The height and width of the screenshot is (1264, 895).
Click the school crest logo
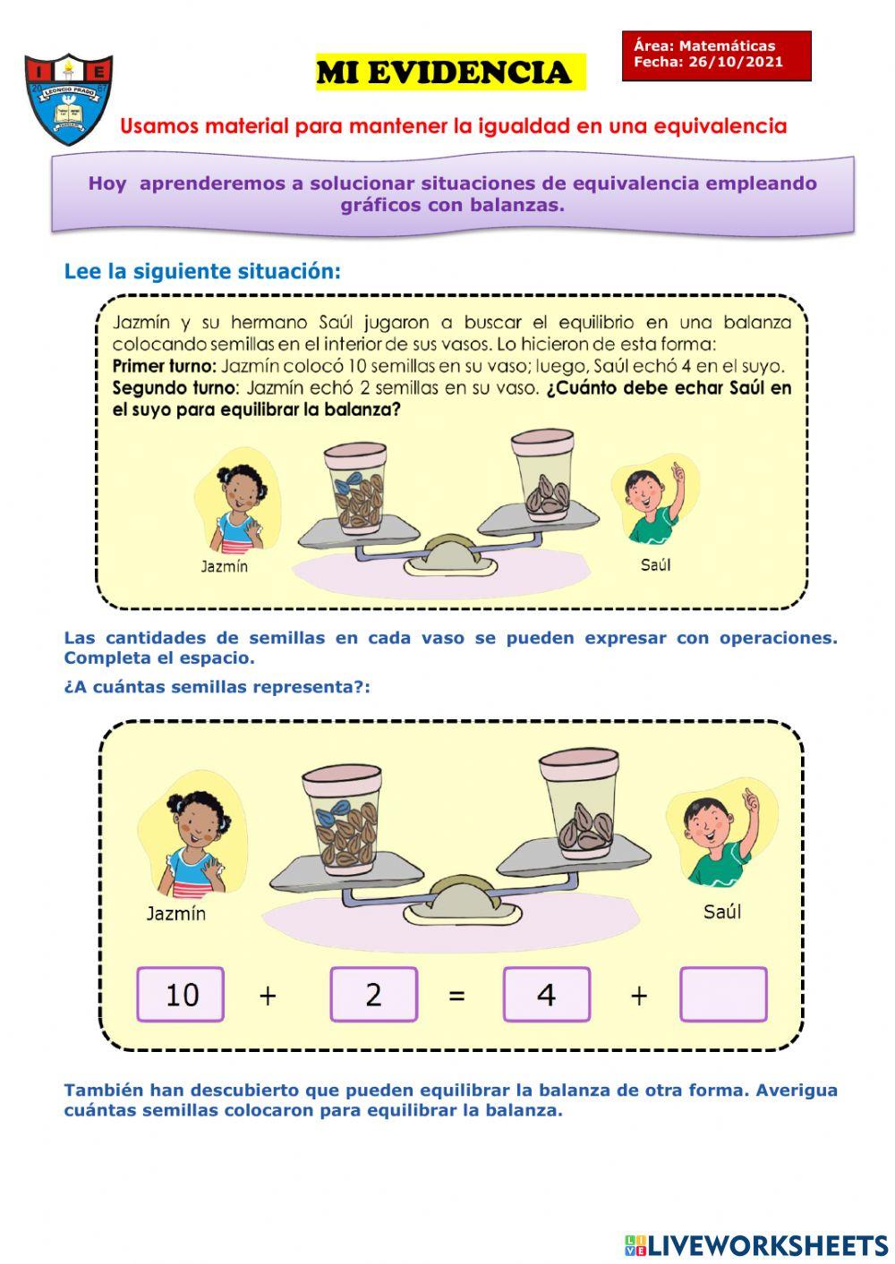coord(69,98)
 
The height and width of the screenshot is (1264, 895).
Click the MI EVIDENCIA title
coord(444,72)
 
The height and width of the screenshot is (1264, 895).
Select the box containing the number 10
coord(181,994)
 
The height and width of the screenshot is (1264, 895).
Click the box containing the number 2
coord(373,994)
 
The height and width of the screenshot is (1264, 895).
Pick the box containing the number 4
coord(546,994)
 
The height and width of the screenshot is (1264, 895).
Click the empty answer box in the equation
coord(723,994)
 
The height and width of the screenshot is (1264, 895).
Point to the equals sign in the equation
coord(456,995)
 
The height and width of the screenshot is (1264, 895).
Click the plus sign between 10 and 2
coord(267,995)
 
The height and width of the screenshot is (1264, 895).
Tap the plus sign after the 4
coord(638,995)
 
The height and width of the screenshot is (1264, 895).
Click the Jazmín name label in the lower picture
coord(176,913)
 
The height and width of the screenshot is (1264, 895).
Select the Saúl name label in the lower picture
coord(721,912)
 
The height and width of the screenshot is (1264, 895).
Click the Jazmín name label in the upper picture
coord(224,566)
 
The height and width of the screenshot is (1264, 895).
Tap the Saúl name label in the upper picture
coord(655,564)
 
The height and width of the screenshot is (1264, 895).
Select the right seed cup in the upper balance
coord(543,475)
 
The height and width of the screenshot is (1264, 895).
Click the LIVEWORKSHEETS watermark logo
coord(756,1245)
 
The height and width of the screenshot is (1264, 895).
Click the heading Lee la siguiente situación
coord(202,271)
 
